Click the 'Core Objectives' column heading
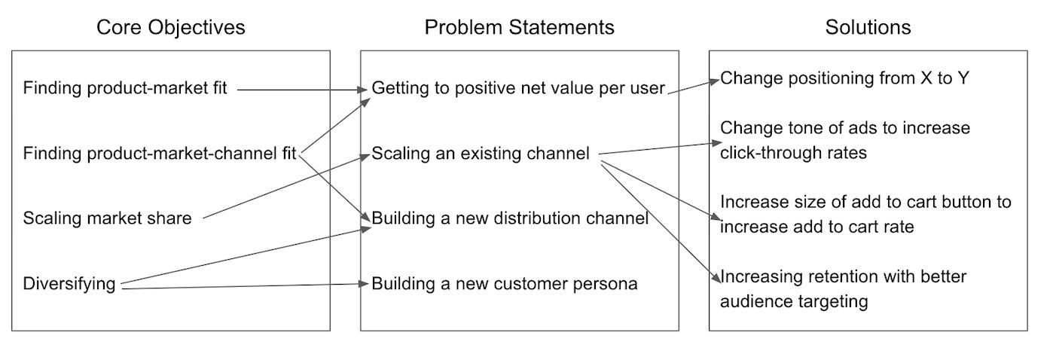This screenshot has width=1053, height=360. (171, 28)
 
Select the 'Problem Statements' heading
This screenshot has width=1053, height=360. (519, 28)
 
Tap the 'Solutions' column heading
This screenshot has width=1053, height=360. (868, 28)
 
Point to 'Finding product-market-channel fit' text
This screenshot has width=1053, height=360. (159, 154)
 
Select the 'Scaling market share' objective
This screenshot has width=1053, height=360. (107, 218)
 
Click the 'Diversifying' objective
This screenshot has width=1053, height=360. (69, 284)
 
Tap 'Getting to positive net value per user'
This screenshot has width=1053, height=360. (518, 89)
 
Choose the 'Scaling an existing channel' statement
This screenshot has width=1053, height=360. (480, 154)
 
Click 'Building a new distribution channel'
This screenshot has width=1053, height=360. (510, 218)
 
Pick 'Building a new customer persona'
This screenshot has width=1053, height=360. (505, 284)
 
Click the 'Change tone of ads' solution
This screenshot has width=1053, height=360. (845, 140)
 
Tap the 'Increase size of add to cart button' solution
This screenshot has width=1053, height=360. (865, 214)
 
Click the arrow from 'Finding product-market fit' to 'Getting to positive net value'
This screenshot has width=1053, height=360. (301, 90)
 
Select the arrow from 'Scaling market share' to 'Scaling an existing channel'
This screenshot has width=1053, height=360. (286, 187)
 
